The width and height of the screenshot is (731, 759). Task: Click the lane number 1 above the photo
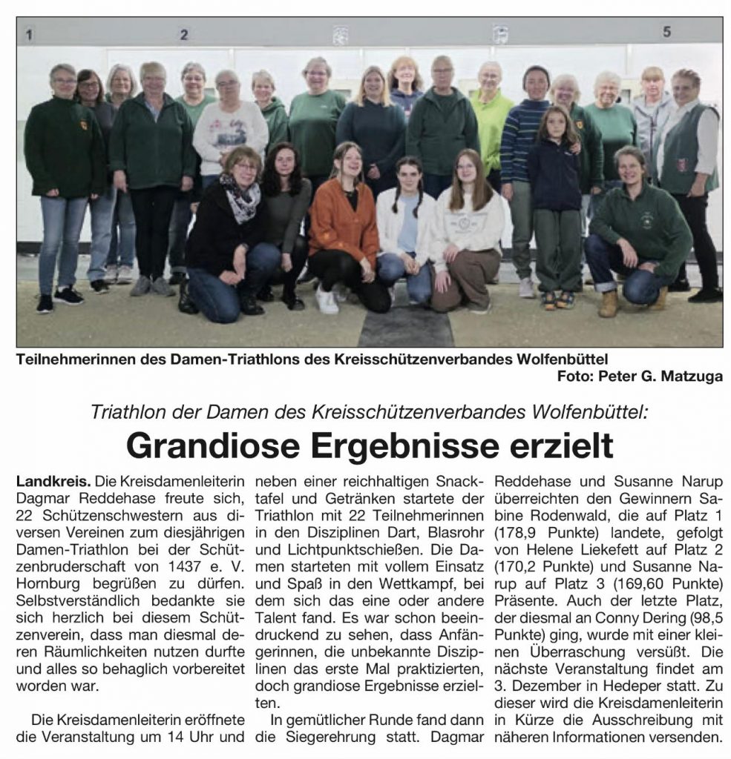click(29, 34)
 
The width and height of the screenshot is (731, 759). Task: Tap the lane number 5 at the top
click(666, 32)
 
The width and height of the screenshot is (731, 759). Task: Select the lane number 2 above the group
click(183, 34)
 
